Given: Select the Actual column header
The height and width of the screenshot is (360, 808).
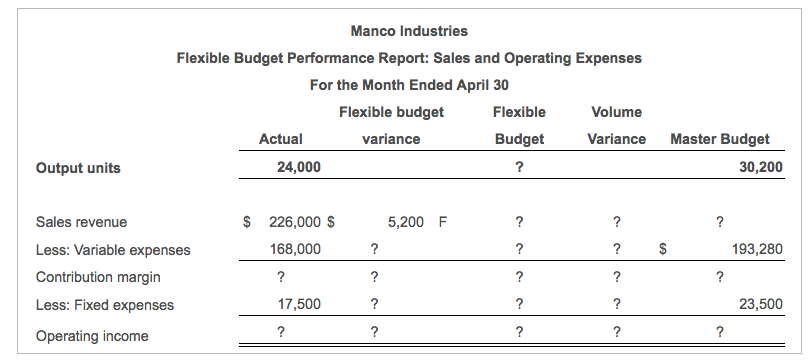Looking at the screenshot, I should (280, 139).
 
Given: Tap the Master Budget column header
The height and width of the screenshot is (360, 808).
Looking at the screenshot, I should (720, 139).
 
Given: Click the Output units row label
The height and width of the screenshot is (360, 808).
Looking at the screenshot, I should (78, 168).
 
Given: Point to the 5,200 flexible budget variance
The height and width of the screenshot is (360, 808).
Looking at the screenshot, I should (405, 222).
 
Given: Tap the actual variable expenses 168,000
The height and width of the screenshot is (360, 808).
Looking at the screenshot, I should (295, 249).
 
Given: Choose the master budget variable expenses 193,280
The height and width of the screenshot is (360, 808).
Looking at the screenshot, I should (757, 249).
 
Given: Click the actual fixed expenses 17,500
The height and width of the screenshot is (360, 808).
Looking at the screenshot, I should (299, 305).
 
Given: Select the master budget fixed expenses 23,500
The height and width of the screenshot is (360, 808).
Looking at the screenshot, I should (761, 305).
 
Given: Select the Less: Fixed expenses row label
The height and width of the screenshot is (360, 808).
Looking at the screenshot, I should (104, 305).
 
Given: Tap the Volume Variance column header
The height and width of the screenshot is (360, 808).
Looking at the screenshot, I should (617, 126).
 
